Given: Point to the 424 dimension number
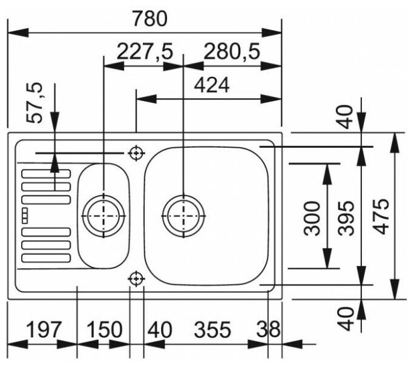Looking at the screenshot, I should pos(211,86).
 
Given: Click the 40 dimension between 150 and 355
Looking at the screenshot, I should pos(160,330).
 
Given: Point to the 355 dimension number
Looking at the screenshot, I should pos(213,330).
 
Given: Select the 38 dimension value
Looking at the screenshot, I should pos(268,330).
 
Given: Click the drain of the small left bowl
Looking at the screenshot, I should pos(103,214).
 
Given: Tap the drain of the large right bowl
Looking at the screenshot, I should pos(183,214).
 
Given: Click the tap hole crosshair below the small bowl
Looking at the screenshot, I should pos(136,279).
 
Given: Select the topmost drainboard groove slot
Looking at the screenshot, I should pos(46,174).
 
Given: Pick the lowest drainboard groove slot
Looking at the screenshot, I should pos(46,259).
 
